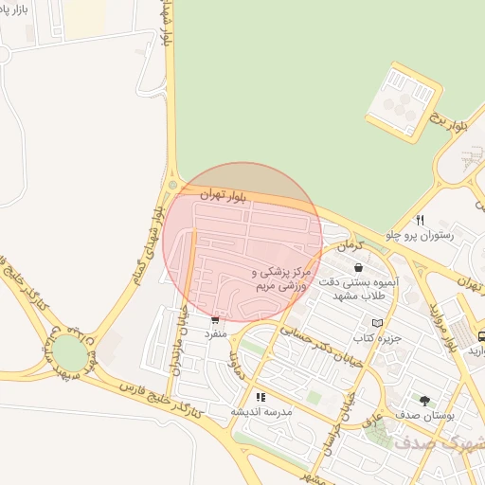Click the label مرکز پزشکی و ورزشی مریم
tap(281, 278)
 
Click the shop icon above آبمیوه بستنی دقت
tap(357, 267)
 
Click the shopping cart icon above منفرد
tap(216, 319)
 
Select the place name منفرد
tap(216, 334)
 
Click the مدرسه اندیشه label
tap(261, 412)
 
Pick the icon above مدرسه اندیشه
tap(260, 397)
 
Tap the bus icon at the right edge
tap(481, 335)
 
